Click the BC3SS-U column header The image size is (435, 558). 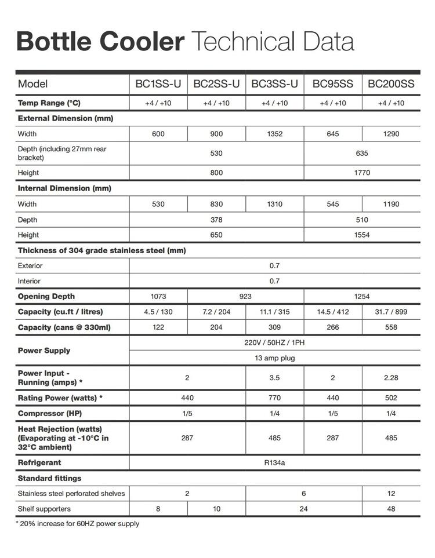pyautogui.click(x=274, y=84)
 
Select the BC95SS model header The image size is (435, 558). pyautogui.click(x=333, y=84)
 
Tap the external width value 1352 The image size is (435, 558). pyautogui.click(x=274, y=134)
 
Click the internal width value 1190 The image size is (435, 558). pyautogui.click(x=391, y=204)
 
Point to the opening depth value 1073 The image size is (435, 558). pyautogui.click(x=158, y=296)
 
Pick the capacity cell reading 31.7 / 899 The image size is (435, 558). pyautogui.click(x=391, y=312)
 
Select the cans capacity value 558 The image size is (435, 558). pyautogui.click(x=391, y=327)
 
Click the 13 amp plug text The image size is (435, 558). pyautogui.click(x=274, y=358)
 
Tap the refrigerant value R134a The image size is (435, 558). pyautogui.click(x=274, y=462)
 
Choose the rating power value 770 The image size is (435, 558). pyautogui.click(x=274, y=398)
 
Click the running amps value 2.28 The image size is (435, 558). pyautogui.click(x=391, y=378)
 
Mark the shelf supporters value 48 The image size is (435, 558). pyautogui.click(x=391, y=509)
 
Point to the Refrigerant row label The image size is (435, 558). pyautogui.click(x=39, y=462)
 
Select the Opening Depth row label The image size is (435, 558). pyautogui.click(x=46, y=296)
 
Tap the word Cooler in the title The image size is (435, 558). pyautogui.click(x=142, y=42)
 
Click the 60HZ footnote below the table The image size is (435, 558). pyautogui.click(x=77, y=524)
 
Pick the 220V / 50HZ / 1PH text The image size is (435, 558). pyautogui.click(x=274, y=342)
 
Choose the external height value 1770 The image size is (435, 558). pyautogui.click(x=362, y=173)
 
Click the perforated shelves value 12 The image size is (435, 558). pyautogui.click(x=391, y=494)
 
